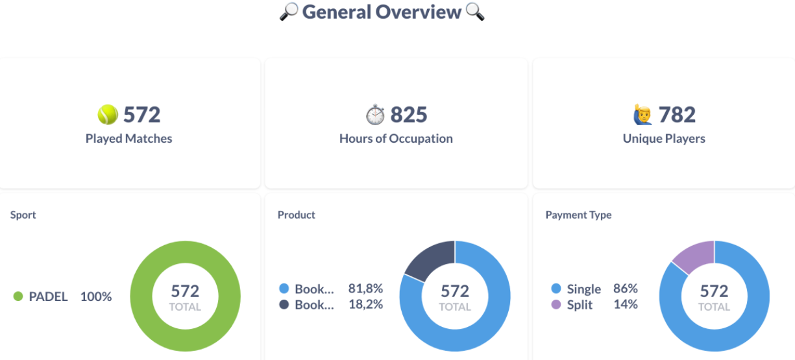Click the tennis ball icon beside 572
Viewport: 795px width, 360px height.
[x=108, y=115]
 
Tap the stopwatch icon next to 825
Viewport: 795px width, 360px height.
[x=375, y=115]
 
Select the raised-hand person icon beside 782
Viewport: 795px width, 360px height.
[x=642, y=115]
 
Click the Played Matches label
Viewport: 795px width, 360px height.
[x=128, y=138]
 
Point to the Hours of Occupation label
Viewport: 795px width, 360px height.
[x=396, y=138]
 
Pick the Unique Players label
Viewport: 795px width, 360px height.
[x=664, y=138]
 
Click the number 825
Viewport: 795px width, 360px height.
[x=409, y=115]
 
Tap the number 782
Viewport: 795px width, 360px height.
[x=677, y=115]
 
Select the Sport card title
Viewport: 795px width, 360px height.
[x=23, y=215]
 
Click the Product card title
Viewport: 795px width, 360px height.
[x=296, y=215]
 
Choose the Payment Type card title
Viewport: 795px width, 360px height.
[x=578, y=215]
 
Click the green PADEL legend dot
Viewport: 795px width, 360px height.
[x=18, y=296]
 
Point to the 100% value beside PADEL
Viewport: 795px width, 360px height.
[x=96, y=296]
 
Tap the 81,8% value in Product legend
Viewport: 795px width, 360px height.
[x=365, y=289]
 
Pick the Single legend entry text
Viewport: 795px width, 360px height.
[x=583, y=289]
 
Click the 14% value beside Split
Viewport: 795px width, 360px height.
[x=626, y=304]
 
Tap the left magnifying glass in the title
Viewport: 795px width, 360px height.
[x=288, y=12]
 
